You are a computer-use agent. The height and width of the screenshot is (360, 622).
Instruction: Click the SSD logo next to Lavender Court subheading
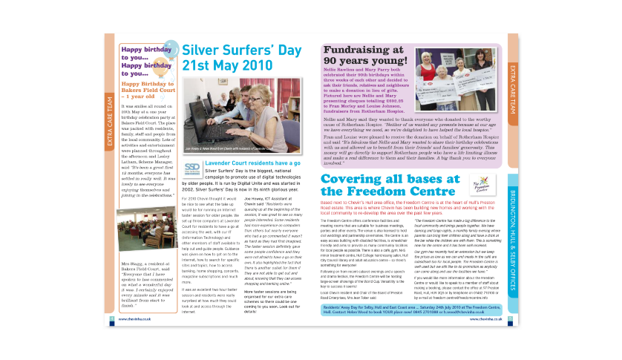point(191,168)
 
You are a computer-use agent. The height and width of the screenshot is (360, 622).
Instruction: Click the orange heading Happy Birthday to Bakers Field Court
point(147,91)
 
